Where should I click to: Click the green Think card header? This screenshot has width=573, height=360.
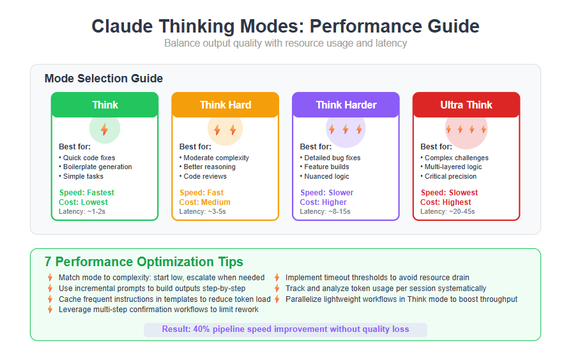coord(105,105)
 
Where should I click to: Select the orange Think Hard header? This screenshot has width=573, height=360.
coord(225,105)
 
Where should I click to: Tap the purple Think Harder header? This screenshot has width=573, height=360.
coord(346,105)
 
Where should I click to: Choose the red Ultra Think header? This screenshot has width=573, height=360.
coord(466,105)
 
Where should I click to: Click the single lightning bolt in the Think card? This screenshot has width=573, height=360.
coord(105,129)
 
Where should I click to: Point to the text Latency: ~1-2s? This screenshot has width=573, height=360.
coord(82,211)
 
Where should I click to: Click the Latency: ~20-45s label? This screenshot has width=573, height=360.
coord(447,211)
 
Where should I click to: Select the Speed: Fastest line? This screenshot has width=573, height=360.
coord(87,192)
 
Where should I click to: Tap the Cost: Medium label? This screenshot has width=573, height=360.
coord(204,202)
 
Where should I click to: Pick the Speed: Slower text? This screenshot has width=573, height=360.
coord(326,192)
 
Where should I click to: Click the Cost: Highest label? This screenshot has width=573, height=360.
coord(445,202)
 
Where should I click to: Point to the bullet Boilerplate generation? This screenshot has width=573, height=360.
coord(95,167)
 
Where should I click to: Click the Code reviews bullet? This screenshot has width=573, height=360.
coord(202,176)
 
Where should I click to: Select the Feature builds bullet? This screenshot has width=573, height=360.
coord(325,167)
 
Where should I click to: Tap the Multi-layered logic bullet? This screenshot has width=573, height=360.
coord(451,167)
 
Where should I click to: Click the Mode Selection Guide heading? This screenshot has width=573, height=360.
coord(103,79)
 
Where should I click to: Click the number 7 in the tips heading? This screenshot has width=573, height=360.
coord(48,262)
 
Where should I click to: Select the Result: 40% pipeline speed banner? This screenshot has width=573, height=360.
coord(286,329)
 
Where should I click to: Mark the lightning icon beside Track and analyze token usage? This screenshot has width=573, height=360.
coord(277,289)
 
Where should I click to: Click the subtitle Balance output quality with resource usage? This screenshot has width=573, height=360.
coord(286,43)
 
